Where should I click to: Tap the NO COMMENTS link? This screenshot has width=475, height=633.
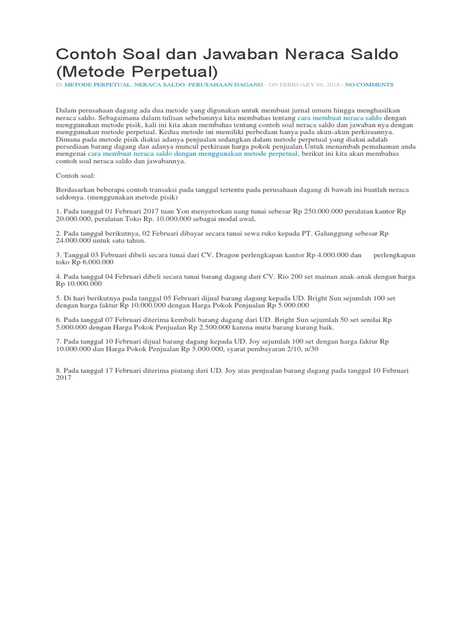point(369,84)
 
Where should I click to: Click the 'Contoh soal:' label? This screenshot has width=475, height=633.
point(74,176)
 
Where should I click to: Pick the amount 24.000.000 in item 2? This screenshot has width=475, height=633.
point(75,241)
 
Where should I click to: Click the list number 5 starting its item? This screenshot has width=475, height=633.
point(58,298)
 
